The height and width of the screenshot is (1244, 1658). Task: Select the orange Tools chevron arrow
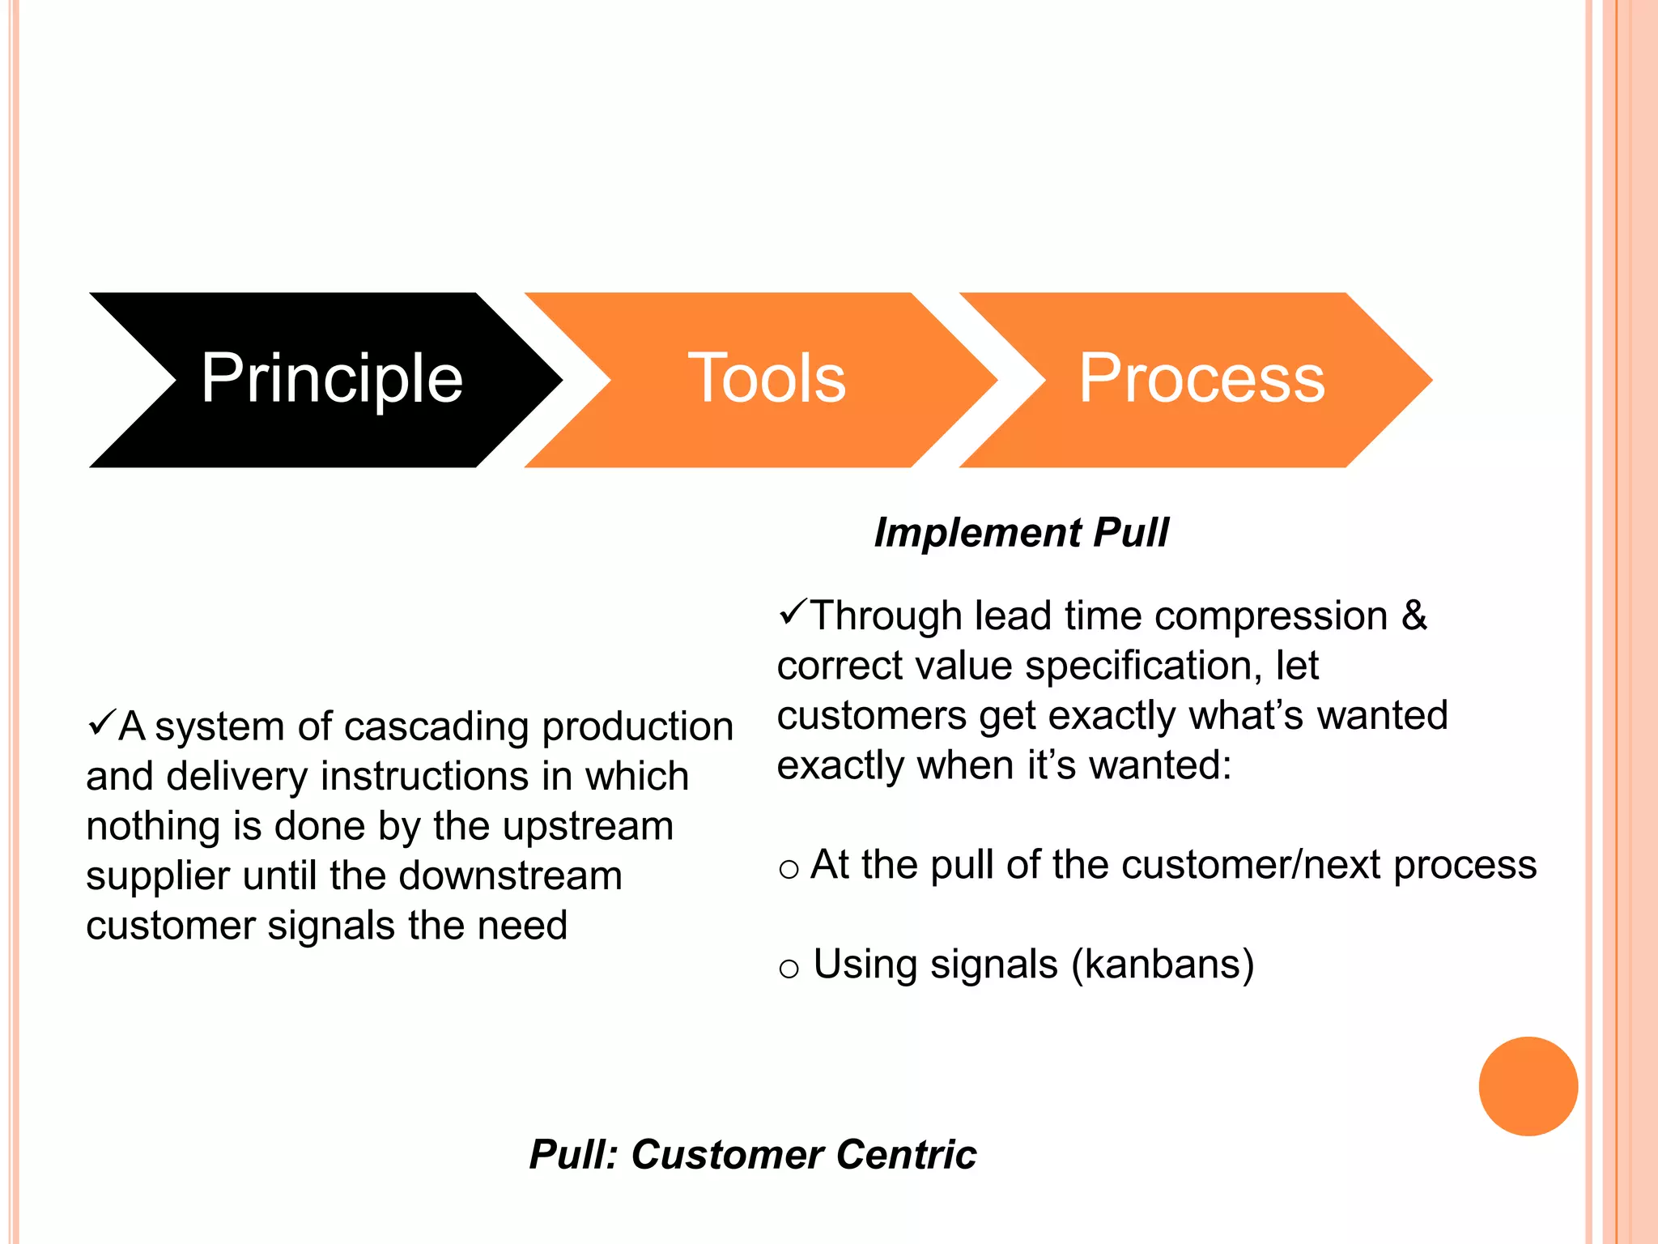tap(765, 379)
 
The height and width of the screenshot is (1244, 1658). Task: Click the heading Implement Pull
tap(1021, 533)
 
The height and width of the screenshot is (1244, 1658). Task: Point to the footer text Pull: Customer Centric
tap(752, 1154)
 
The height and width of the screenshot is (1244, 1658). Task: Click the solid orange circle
tap(1528, 1086)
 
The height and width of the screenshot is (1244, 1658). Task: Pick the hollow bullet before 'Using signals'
tap(789, 969)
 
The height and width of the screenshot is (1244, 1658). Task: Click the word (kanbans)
tap(1163, 965)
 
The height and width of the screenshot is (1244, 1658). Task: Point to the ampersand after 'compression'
tap(1414, 616)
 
